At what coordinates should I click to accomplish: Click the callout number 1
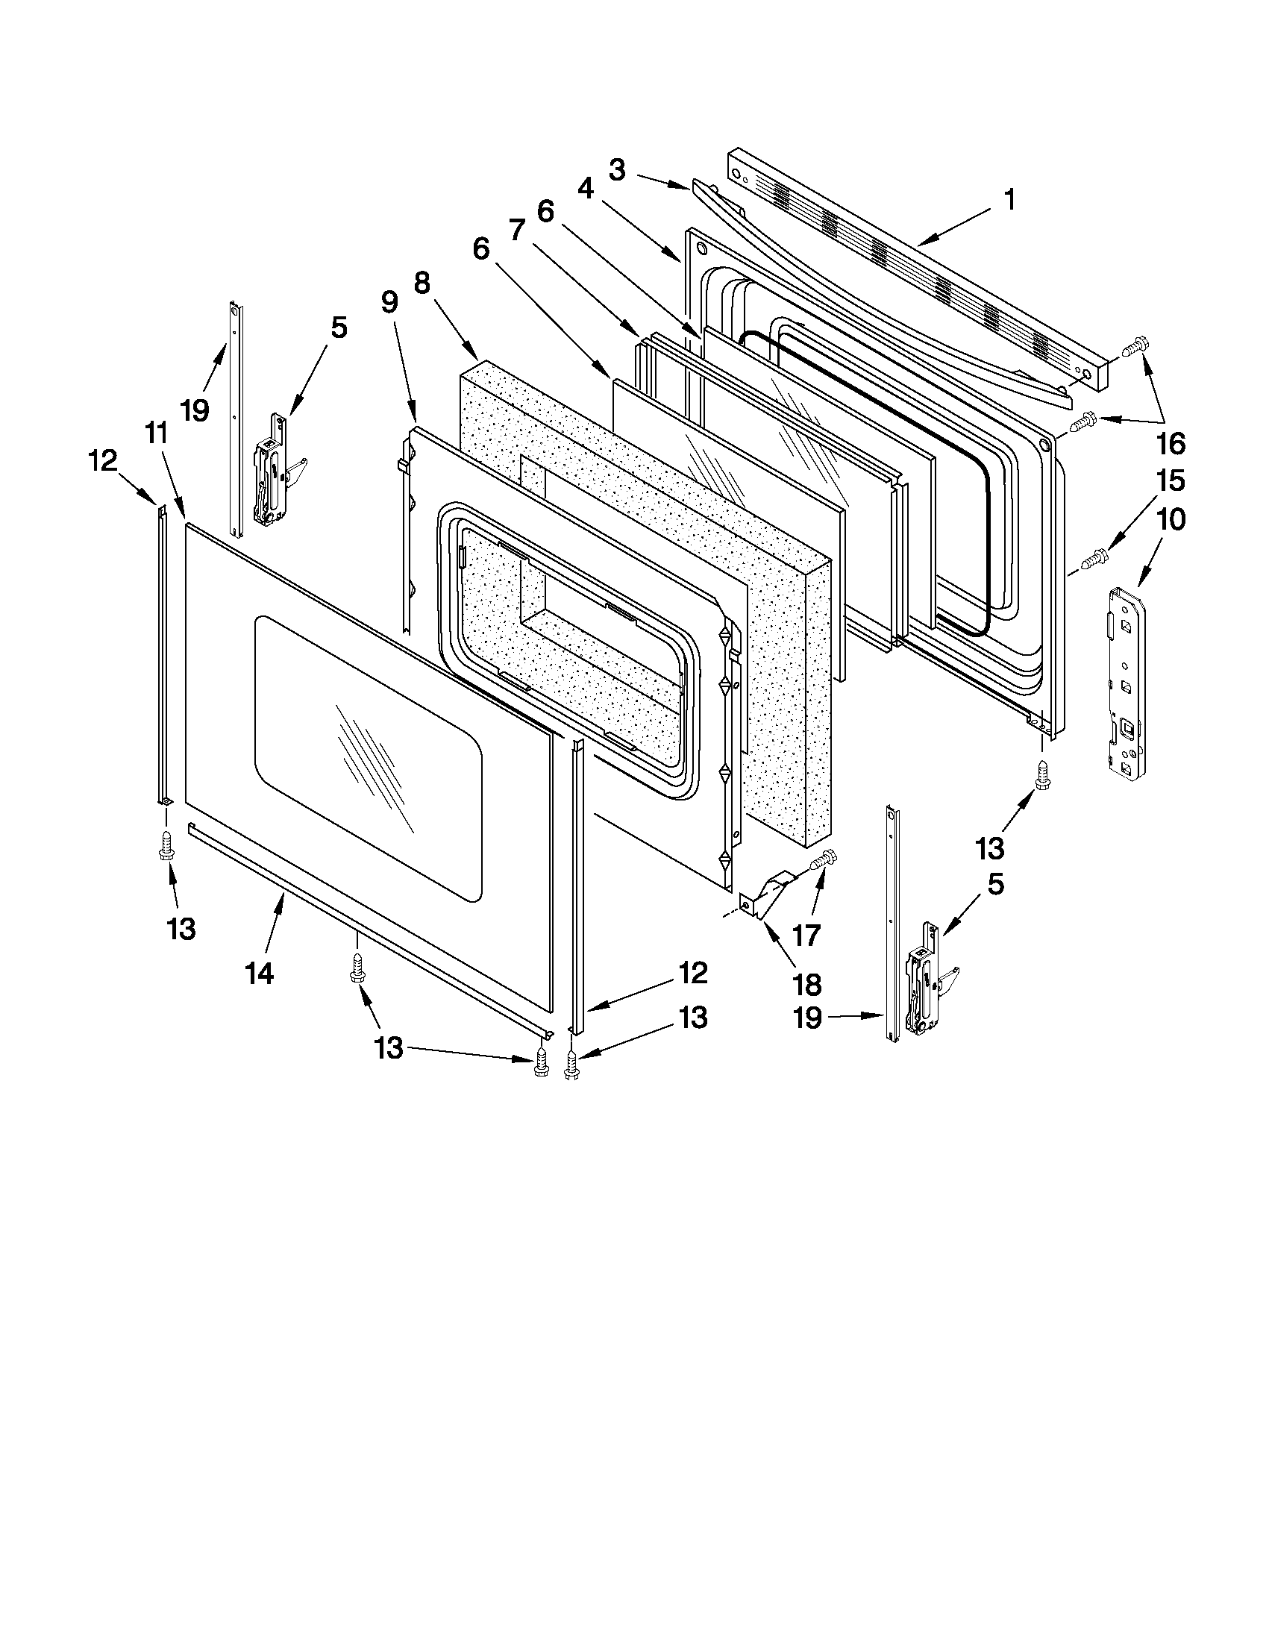1009,200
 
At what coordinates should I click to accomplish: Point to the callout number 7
516,230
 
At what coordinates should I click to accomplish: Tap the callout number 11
155,433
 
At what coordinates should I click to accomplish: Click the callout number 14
259,974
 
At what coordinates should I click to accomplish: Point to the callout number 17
806,936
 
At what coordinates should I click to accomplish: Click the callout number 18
806,984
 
